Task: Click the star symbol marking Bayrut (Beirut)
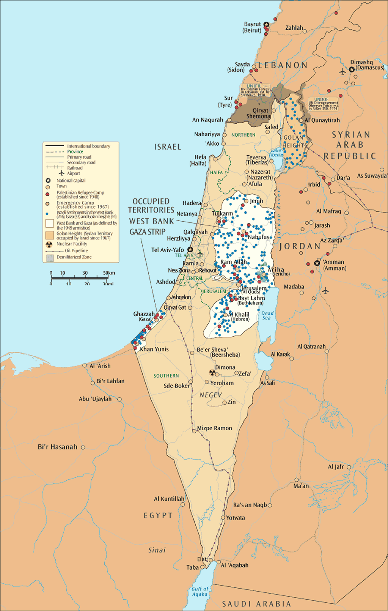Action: coord(266,25)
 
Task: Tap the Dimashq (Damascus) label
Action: coord(367,65)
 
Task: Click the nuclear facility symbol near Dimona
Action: coord(212,372)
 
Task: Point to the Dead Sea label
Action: coord(267,316)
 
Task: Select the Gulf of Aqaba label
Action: coord(200,591)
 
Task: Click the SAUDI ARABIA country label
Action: coord(256,604)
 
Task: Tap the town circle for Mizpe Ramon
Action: coord(194,431)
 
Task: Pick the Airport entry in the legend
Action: coord(73,173)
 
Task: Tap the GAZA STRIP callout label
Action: coord(147,232)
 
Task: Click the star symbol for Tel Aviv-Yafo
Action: coord(190,250)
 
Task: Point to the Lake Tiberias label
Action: coord(276,153)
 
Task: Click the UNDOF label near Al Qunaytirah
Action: coord(321,100)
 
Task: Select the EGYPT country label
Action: coord(158,515)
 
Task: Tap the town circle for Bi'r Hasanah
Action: coord(83,448)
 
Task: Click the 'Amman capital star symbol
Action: coord(317,263)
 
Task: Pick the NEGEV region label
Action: coord(210,395)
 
